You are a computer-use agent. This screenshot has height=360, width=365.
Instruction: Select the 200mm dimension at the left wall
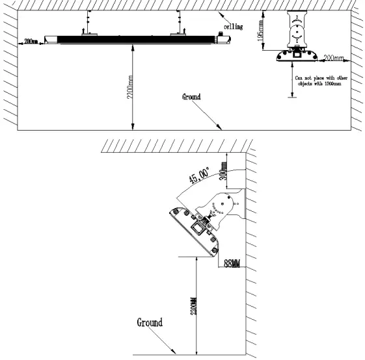(30, 42)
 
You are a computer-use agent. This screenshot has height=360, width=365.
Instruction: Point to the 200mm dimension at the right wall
(334, 58)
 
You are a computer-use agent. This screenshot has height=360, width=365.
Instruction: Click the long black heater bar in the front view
(130, 40)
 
